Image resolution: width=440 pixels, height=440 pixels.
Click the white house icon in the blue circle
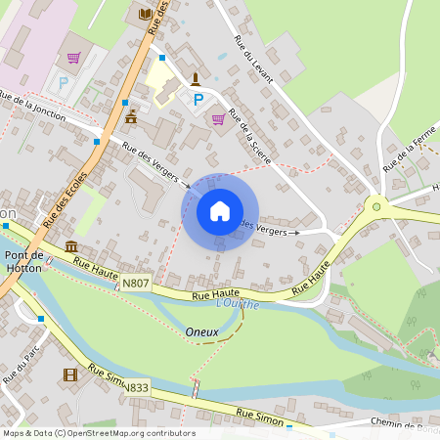220,211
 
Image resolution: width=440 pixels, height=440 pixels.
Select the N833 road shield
136,387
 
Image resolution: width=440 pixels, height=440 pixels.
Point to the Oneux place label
201,332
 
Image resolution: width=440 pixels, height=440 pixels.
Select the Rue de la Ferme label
410,152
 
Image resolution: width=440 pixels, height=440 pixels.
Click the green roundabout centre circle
374,205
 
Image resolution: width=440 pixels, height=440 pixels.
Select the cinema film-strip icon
70,374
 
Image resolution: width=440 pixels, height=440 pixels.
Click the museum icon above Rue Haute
71,246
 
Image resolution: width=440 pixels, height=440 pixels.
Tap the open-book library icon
146,14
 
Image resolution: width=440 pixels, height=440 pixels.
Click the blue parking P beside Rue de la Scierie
198,99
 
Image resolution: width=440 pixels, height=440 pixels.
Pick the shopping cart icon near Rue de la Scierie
218,118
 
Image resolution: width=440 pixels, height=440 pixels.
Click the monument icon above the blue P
197,77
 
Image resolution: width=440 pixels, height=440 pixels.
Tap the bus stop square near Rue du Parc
40,318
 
